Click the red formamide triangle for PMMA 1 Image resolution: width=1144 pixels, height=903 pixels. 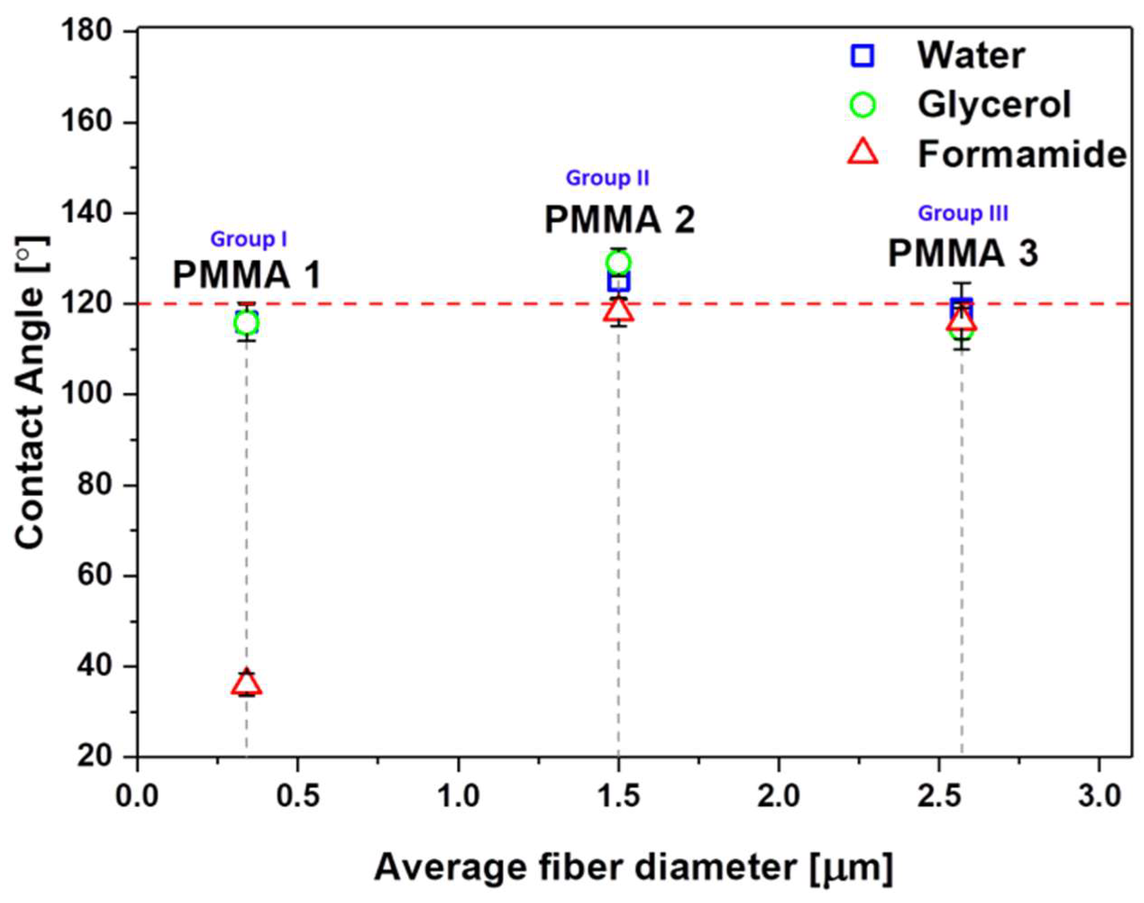click(246, 684)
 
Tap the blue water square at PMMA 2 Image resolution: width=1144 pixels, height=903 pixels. click(618, 282)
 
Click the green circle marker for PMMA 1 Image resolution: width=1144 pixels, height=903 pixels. click(246, 323)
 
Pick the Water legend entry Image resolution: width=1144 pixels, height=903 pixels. click(971, 55)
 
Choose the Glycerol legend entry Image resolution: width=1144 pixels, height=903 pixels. click(994, 105)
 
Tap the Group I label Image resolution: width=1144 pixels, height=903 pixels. click(248, 240)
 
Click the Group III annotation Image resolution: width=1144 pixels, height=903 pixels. click(963, 214)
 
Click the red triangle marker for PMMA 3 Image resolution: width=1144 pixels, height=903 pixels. click(962, 319)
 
